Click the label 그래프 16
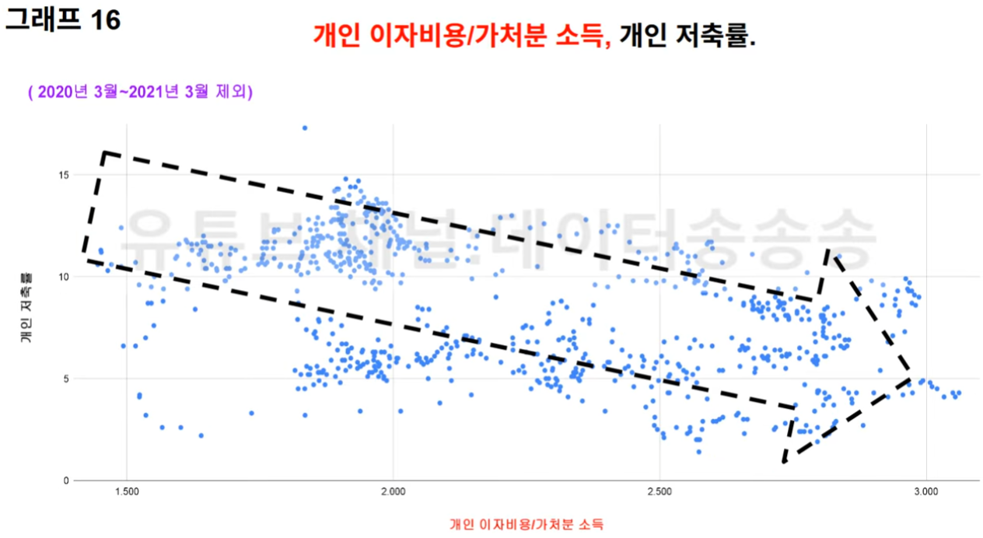(63, 19)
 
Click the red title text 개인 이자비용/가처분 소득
(462, 35)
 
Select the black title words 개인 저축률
(687, 35)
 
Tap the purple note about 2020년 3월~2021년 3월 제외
(141, 92)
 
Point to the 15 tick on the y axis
(64, 175)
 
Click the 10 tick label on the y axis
(64, 277)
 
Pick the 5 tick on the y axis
(66, 379)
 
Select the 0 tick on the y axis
(66, 480)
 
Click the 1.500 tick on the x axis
(127, 491)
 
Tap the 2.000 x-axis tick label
(394, 491)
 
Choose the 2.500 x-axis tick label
(659, 491)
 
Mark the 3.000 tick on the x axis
(926, 491)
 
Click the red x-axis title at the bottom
(526, 524)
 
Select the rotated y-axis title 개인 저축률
(26, 307)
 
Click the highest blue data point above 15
(305, 128)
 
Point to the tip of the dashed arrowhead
(910, 379)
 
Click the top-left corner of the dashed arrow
(103, 152)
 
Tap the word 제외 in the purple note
(233, 92)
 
